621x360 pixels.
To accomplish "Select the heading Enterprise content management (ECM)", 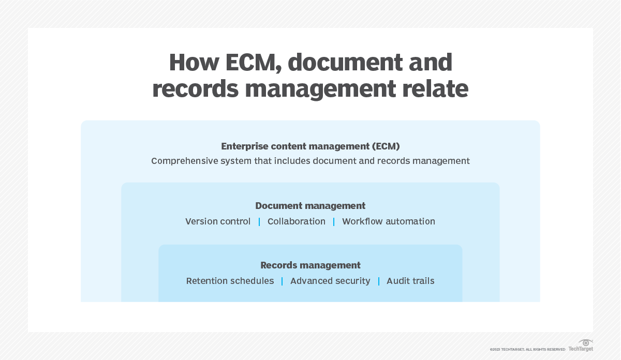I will [x=310, y=146].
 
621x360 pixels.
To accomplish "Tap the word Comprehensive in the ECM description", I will [x=182, y=161].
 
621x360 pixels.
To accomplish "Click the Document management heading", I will [x=310, y=206].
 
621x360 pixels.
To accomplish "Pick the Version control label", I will [x=218, y=221].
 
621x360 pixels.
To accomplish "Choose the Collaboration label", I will [x=297, y=221].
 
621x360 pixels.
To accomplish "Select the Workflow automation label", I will [x=389, y=221].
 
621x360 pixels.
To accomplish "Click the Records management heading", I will [x=310, y=265].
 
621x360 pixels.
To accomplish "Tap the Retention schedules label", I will [x=230, y=281].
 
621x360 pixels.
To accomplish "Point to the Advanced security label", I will [x=330, y=281].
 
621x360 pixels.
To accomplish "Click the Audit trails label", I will [x=410, y=281].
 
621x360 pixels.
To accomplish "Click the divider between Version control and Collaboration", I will [x=259, y=222].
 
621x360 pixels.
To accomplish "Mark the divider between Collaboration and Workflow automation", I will [x=334, y=222].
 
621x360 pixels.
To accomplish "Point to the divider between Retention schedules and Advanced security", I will [x=282, y=281].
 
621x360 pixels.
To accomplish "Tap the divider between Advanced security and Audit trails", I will [x=379, y=281].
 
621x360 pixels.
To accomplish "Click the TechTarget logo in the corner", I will [x=581, y=346].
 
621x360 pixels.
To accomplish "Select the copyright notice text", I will [x=527, y=350].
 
